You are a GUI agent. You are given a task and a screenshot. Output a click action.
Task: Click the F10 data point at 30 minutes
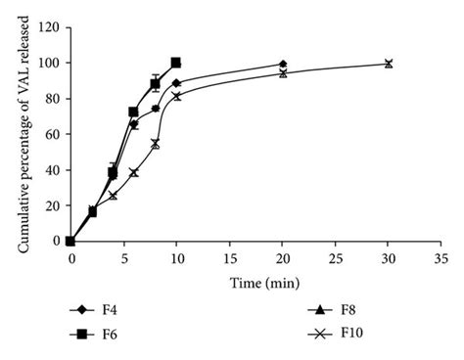(x=388, y=64)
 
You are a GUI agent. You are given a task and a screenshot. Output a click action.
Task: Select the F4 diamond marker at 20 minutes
(x=282, y=64)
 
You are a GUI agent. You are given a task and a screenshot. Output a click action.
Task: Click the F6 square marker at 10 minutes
(x=176, y=63)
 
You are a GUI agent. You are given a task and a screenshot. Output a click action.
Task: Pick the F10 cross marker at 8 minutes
(x=155, y=144)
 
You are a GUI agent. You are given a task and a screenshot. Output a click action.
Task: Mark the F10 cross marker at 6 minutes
(x=133, y=172)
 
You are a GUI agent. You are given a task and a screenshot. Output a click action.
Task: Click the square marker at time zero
(x=70, y=241)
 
